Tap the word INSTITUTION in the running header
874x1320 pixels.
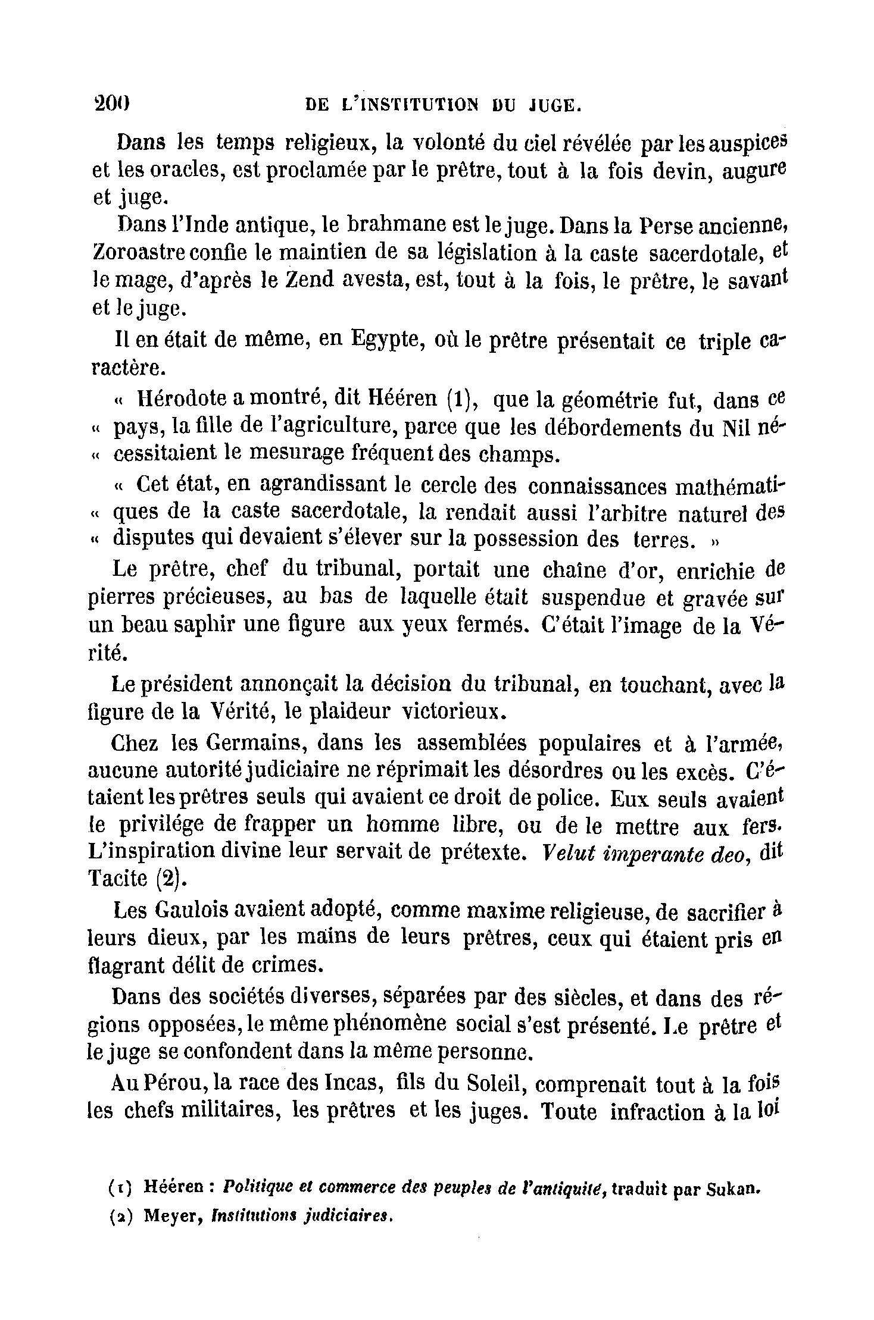pyautogui.click(x=411, y=105)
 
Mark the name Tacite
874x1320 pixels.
pyautogui.click(x=117, y=879)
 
